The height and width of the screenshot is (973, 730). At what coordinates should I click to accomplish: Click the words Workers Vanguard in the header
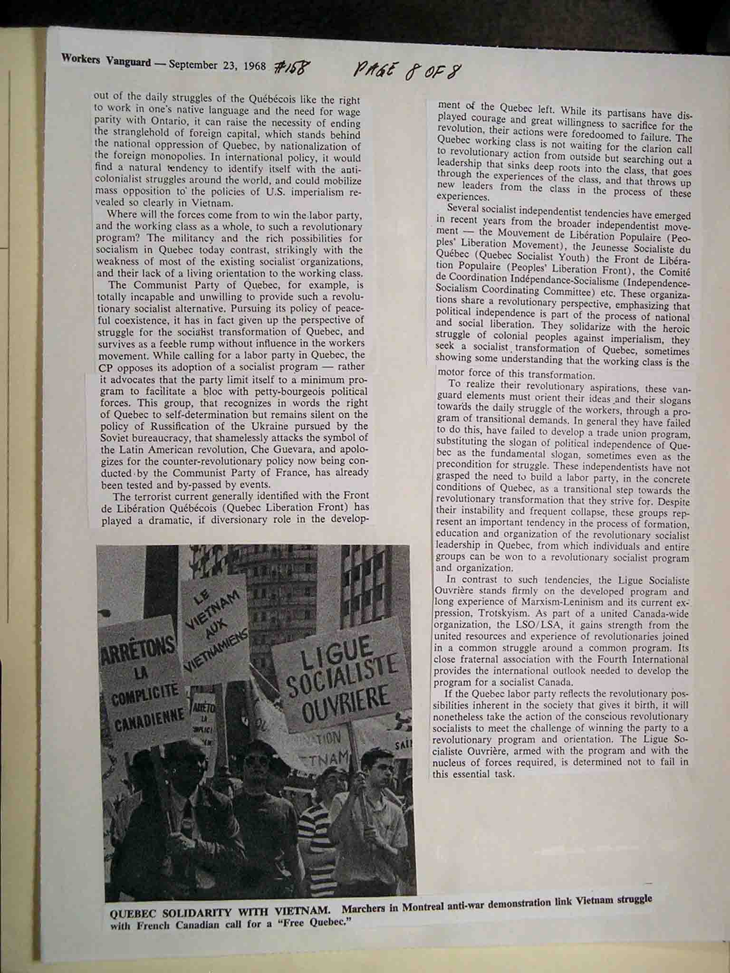coord(106,61)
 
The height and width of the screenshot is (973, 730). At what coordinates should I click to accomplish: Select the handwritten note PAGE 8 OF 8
coord(407,71)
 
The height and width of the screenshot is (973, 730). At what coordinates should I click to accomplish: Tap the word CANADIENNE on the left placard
coord(143,718)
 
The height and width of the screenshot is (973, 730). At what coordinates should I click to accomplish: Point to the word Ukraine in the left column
coord(269,427)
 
